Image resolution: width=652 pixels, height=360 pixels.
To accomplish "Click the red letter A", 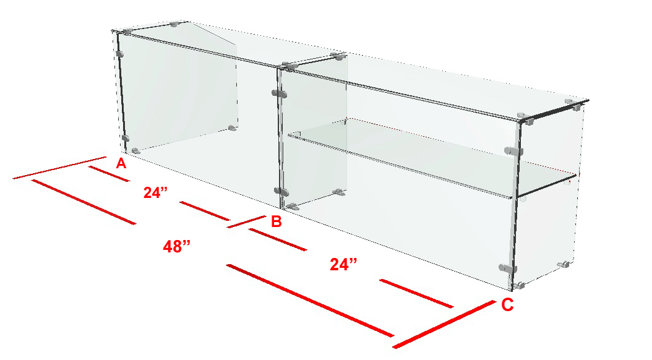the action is [x=121, y=163].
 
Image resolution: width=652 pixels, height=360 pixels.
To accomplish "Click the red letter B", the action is [x=277, y=221].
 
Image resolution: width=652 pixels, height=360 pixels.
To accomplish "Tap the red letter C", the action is [x=507, y=305].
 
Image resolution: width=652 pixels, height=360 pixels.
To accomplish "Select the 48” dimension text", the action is [x=176, y=247].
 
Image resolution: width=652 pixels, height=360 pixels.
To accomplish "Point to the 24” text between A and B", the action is [x=155, y=192].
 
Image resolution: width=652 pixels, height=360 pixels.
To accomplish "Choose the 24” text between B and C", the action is [x=343, y=264].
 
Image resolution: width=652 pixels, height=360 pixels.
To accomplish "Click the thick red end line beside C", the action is [x=444, y=325].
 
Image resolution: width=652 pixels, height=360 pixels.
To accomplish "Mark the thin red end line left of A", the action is [x=59, y=168].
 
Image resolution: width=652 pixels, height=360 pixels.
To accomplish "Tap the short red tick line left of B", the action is [x=246, y=221].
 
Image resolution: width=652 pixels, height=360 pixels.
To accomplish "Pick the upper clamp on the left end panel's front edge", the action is [x=120, y=54].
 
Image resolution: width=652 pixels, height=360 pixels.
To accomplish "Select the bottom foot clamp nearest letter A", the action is [x=135, y=152].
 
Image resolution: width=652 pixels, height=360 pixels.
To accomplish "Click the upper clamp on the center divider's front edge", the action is [x=280, y=93].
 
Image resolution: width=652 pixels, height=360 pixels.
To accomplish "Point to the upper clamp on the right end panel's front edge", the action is [x=513, y=152].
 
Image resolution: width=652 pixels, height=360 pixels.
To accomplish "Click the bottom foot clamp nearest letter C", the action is [x=518, y=286].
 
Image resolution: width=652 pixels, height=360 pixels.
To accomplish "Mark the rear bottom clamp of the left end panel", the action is [x=233, y=128].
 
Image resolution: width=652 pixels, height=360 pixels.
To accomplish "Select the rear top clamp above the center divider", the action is [x=337, y=56].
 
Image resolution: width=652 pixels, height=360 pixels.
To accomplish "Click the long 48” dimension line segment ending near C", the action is [x=310, y=300].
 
